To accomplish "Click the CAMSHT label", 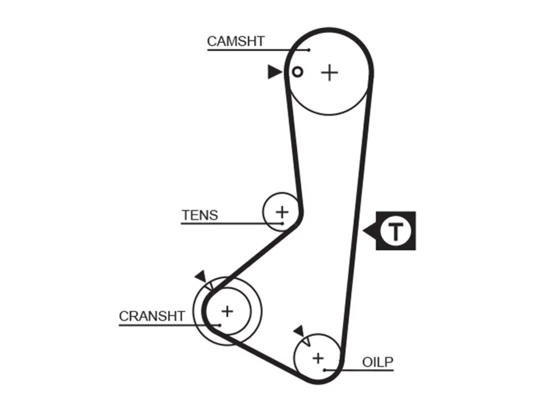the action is [x=235, y=41].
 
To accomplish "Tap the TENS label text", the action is [x=200, y=215].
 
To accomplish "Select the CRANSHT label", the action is [x=152, y=316].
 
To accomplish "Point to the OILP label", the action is [x=378, y=362].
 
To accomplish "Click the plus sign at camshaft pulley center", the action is [x=329, y=73].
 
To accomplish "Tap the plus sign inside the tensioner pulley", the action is [x=282, y=212].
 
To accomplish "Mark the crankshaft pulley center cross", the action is [x=227, y=312].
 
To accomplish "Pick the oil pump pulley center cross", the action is [x=318, y=358].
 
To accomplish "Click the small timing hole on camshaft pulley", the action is [x=297, y=72].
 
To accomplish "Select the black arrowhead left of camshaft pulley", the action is [x=274, y=72].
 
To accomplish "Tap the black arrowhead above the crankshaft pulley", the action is [x=201, y=276].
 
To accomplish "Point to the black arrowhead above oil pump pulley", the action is [x=299, y=331].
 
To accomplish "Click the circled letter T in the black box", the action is [x=395, y=230].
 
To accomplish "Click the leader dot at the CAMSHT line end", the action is [x=309, y=50].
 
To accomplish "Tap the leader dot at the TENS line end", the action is [x=282, y=224].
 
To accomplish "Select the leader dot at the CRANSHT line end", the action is [x=220, y=325].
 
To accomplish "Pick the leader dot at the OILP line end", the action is [x=324, y=370].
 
